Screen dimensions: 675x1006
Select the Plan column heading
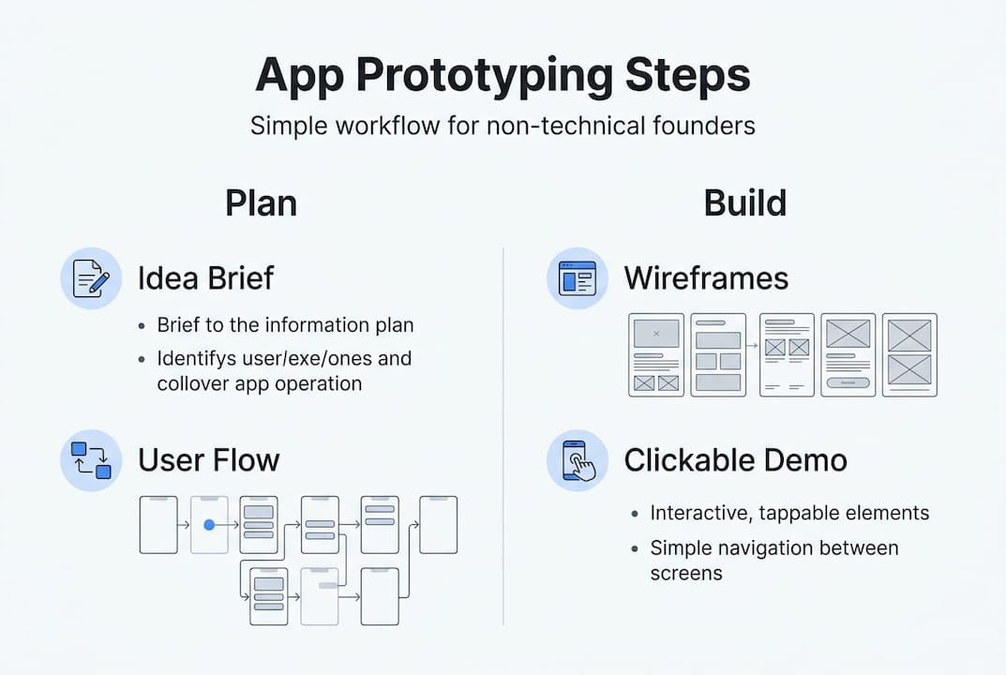261,203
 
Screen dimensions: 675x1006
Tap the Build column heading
745,203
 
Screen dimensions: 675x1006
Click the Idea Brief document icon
91,278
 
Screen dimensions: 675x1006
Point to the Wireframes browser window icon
577,278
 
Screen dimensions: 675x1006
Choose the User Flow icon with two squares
91,459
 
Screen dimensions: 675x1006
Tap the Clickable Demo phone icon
577,459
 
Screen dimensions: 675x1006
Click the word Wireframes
706,278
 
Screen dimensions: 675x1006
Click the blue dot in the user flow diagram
209,525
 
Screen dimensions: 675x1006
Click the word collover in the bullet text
193,383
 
